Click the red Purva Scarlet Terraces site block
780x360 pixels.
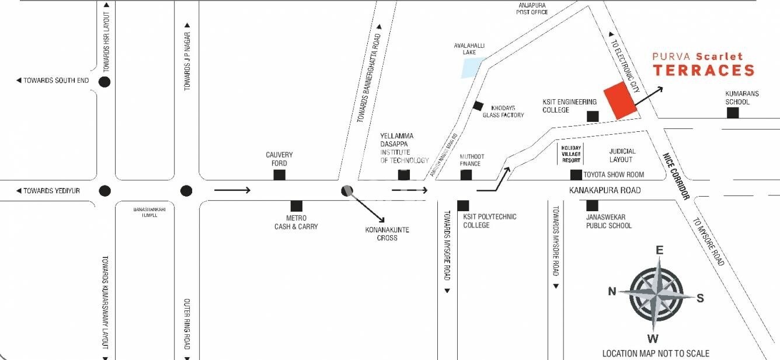tap(621, 100)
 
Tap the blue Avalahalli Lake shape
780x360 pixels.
tap(472, 68)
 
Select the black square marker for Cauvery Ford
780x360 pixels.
tap(280, 174)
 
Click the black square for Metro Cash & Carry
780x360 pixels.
tap(297, 206)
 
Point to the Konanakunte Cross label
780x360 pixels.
tap(387, 234)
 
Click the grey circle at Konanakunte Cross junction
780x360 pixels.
tap(347, 190)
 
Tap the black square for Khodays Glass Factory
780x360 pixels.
tap(478, 106)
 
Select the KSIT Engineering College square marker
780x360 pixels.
tap(593, 117)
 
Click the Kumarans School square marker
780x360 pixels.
tap(733, 113)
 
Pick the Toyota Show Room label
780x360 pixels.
tap(614, 174)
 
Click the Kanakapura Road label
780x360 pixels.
tap(605, 190)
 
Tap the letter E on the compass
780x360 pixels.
tap(660, 250)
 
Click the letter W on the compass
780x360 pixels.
tap(653, 339)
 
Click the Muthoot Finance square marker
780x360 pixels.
tap(466, 174)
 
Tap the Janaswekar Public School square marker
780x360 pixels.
tap(592, 205)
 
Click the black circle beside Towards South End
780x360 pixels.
tap(105, 82)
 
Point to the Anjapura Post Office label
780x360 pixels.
tap(532, 8)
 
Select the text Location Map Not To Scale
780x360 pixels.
tap(656, 354)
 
